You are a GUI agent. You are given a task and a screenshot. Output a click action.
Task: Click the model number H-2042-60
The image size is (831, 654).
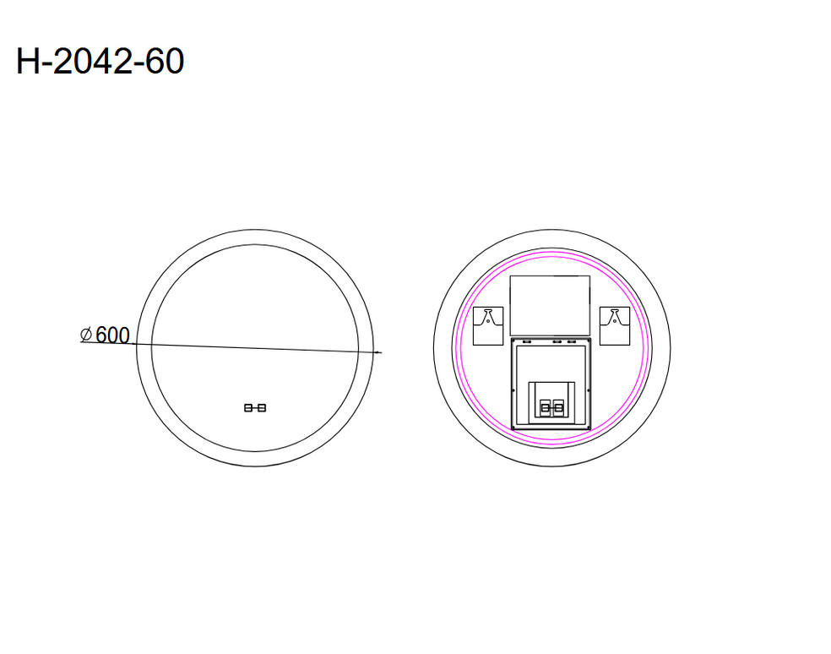100,63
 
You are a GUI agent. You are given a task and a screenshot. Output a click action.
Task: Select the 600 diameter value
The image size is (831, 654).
112,335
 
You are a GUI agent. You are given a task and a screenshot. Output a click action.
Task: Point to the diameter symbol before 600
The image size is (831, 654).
86,335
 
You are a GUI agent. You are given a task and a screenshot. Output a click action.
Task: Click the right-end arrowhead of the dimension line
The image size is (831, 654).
379,351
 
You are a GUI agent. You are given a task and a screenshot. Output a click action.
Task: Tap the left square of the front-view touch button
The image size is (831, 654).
248,408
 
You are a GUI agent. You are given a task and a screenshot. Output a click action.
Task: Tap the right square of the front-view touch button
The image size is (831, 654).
262,408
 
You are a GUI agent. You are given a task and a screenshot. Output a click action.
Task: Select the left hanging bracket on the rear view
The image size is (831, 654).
488,326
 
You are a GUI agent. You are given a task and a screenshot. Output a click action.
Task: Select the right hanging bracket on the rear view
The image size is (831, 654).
615,326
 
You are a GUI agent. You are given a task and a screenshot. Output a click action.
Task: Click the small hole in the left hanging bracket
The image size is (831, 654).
488,321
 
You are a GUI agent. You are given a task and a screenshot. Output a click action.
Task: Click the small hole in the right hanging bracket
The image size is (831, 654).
615,321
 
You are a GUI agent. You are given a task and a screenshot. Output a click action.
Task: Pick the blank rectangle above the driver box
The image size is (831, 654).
550,305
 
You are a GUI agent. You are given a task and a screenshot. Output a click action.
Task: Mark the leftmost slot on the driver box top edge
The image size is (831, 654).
527,341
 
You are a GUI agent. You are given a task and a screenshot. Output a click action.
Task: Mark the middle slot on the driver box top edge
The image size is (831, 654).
557,341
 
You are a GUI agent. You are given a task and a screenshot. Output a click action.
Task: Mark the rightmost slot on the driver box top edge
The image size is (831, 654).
572,341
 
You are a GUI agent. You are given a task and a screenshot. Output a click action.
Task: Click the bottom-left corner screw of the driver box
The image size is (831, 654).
513,428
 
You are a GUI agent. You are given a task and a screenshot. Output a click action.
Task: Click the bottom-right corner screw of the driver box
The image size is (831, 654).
589,428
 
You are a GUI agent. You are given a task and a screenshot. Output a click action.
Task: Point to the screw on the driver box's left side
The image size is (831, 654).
513,390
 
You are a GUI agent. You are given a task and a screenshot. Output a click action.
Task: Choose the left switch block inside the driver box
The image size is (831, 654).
545,408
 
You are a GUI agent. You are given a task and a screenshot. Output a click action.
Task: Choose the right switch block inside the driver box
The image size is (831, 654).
558,408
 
